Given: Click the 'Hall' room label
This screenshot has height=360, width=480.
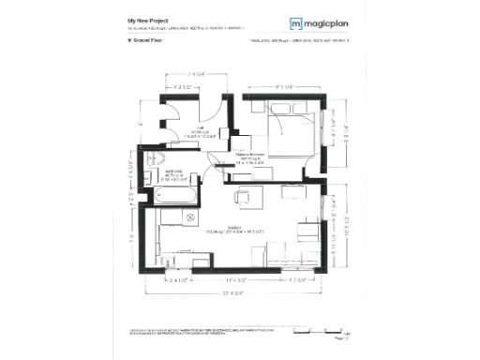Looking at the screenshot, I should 202,130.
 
